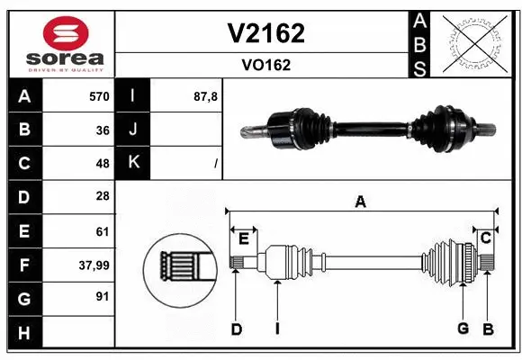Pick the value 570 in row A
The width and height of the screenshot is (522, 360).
[98, 96]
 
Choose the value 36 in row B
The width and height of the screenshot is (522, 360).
[102, 130]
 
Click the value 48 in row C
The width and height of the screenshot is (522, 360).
[102, 164]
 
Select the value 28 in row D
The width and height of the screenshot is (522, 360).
[102, 197]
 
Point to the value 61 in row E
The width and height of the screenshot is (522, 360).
[102, 231]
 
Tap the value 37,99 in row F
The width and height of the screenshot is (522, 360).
[94, 265]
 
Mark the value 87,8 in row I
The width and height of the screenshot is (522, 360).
[206, 96]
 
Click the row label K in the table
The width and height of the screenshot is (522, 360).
[133, 164]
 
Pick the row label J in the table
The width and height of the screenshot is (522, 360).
[133, 130]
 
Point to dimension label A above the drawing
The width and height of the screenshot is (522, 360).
[360, 202]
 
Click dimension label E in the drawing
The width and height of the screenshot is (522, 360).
[243, 238]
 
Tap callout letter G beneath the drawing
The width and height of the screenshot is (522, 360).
[463, 328]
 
